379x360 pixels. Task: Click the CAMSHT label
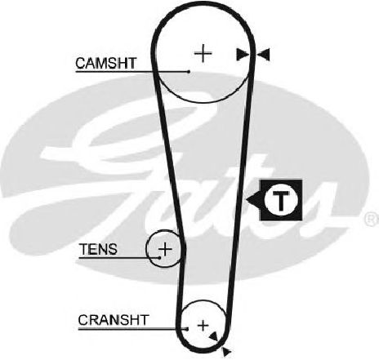105,63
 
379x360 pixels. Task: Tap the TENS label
98,249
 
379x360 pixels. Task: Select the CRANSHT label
114,320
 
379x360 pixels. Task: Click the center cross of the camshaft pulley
203,53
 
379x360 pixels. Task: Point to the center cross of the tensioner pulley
165,249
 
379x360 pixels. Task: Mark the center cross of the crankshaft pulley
203,325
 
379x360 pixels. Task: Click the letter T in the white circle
281,201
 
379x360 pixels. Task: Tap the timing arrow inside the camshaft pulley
243,55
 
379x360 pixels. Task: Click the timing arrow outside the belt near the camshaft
263,55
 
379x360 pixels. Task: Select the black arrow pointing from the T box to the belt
252,200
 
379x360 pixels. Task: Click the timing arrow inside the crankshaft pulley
213,336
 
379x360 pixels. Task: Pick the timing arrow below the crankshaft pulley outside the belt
226,352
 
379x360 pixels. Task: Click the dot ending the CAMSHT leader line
189,72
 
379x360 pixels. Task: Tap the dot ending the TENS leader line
159,257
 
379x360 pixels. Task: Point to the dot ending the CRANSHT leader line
187,329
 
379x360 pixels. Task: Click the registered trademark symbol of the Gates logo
371,220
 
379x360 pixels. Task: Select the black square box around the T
281,200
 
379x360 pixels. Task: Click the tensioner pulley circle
146,249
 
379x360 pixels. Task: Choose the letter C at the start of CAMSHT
81,63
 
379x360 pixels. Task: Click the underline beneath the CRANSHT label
132,329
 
